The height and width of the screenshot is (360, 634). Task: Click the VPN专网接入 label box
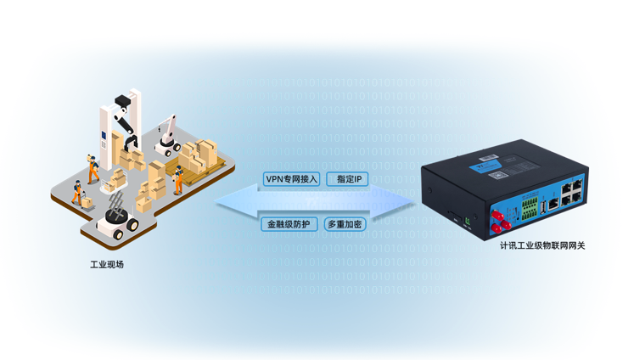coord(291,179)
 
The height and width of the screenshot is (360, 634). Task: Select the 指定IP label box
coord(347,179)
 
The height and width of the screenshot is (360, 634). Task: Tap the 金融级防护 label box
coord(289,223)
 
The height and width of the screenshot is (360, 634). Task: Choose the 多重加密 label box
coord(345,223)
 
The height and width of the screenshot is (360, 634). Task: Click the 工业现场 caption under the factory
coord(107,265)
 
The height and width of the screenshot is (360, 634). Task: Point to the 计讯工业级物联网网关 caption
coord(542,245)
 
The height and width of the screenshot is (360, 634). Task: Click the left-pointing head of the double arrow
coord(237,201)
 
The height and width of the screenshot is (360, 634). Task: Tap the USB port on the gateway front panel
coord(543,206)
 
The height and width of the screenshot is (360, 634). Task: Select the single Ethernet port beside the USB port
coord(553,204)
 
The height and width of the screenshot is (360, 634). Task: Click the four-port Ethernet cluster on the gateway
coord(572,193)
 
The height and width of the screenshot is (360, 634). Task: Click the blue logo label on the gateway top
coord(485,166)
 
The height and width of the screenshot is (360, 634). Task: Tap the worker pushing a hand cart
coord(77,194)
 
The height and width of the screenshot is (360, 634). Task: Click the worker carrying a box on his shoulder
coord(93,169)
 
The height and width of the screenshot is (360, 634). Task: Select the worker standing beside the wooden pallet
coord(178,180)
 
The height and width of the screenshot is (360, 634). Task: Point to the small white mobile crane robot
coord(168,136)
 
